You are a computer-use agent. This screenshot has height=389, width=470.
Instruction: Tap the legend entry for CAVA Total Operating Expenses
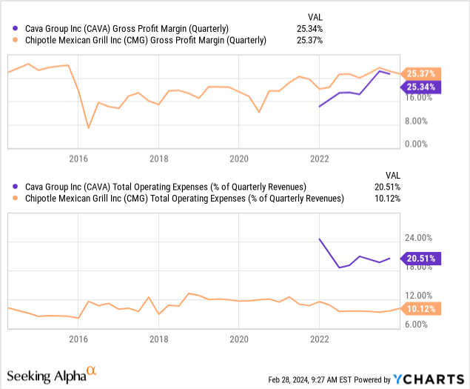pyautogui.click(x=164, y=187)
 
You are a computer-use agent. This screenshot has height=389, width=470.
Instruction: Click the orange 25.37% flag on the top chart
pyautogui.click(x=421, y=73)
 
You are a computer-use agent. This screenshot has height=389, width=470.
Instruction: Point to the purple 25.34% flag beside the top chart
pyautogui.click(x=421, y=87)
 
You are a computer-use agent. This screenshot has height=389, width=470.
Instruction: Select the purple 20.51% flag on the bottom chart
pyautogui.click(x=421, y=258)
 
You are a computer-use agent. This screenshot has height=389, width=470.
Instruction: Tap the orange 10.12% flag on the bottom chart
pyautogui.click(x=421, y=309)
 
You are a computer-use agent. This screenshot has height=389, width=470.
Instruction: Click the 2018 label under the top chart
pyautogui.click(x=158, y=159)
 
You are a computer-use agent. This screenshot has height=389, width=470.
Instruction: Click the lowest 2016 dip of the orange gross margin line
pyautogui.click(x=89, y=128)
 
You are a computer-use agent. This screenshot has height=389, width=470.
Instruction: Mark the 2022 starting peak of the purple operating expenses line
pyautogui.click(x=319, y=239)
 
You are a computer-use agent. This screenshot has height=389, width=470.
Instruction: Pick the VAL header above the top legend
pyautogui.click(x=315, y=16)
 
